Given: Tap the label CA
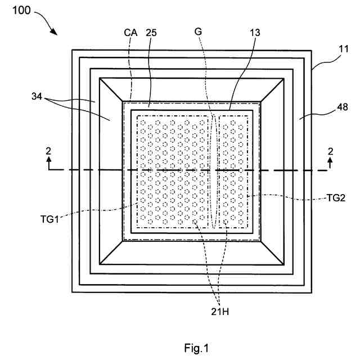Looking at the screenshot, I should tap(131, 32).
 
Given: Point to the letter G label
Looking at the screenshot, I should tap(198, 32).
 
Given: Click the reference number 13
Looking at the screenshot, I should tap(255, 32).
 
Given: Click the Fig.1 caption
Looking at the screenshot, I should tap(196, 349).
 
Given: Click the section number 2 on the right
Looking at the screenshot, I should tap(330, 151).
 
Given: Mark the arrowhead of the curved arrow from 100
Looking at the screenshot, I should tap(55, 34).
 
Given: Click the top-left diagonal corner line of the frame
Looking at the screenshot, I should tap(111, 90).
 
